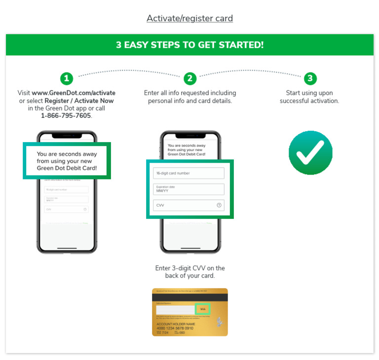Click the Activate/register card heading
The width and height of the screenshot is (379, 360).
pos(189,18)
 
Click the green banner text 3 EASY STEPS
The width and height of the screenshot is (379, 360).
pos(189,45)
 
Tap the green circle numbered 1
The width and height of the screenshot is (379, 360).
pos(67,78)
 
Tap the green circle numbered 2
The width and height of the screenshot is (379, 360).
pos(190,78)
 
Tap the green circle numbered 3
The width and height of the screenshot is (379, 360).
pos(309,78)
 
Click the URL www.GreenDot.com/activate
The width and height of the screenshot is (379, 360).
pos(74,93)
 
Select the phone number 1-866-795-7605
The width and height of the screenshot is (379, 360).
pos(66,116)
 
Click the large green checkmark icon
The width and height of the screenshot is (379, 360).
pos(310,152)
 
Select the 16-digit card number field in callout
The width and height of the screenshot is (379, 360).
pos(189,173)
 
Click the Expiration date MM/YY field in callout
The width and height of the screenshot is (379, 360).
pos(189,189)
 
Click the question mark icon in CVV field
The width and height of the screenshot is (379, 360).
pos(219,205)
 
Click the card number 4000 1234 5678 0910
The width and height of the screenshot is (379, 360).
pos(175,328)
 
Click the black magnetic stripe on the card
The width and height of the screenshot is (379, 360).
pos(190,297)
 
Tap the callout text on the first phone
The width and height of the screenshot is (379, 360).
pos(67,161)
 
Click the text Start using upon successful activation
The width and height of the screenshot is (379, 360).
pos(309,97)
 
